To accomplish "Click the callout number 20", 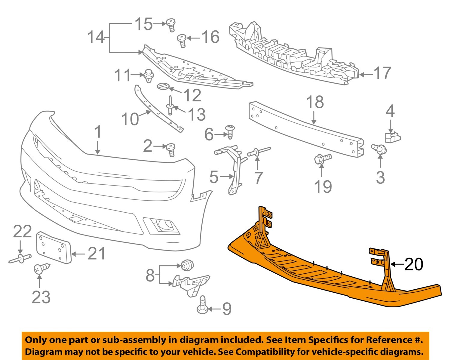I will coord(414,264).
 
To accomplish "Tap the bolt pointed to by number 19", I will coord(322,158).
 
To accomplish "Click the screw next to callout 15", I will coord(171,25).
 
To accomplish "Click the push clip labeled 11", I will coord(148,75).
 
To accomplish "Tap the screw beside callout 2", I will coord(171,149).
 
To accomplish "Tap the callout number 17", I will coord(382,73).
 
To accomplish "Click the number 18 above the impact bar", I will coord(315,102).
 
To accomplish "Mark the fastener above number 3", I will coord(380,149).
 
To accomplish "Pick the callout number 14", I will coord(96,38).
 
